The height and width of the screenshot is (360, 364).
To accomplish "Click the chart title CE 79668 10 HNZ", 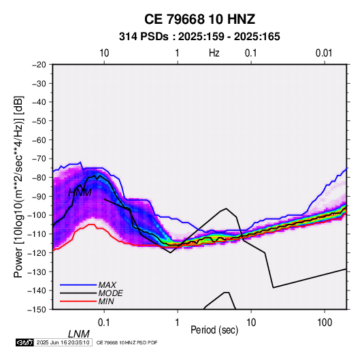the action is [x=199, y=19].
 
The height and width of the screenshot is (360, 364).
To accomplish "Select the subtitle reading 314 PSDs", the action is [x=144, y=37].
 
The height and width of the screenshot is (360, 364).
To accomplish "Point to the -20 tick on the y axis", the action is [x=39, y=65].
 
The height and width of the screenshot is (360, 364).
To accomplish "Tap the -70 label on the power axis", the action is [x=39, y=159].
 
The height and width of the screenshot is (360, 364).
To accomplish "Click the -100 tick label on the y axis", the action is [x=37, y=215].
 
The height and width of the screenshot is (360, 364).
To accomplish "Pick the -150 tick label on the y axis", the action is [x=37, y=310].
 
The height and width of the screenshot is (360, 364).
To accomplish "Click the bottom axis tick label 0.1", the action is [x=104, y=323].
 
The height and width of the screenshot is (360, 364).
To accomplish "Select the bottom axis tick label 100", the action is [x=325, y=323].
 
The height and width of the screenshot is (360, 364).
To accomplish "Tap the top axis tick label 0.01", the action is [x=324, y=53].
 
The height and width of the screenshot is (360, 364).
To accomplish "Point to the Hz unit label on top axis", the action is [x=214, y=53].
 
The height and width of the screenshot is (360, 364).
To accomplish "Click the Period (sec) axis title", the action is [x=214, y=330].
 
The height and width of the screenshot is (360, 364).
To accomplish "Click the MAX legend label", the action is [x=107, y=285].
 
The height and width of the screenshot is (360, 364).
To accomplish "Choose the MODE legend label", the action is [x=110, y=293].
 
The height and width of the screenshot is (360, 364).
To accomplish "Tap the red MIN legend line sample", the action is [x=78, y=301].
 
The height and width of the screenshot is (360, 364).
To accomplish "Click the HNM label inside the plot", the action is [x=80, y=193].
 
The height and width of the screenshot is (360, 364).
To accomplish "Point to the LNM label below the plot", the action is [x=79, y=334].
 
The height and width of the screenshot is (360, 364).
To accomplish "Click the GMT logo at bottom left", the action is [x=25, y=342].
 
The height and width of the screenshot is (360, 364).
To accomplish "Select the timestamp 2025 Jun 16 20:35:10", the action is [x=63, y=342].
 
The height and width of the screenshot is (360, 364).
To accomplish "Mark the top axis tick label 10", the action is [x=104, y=53].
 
